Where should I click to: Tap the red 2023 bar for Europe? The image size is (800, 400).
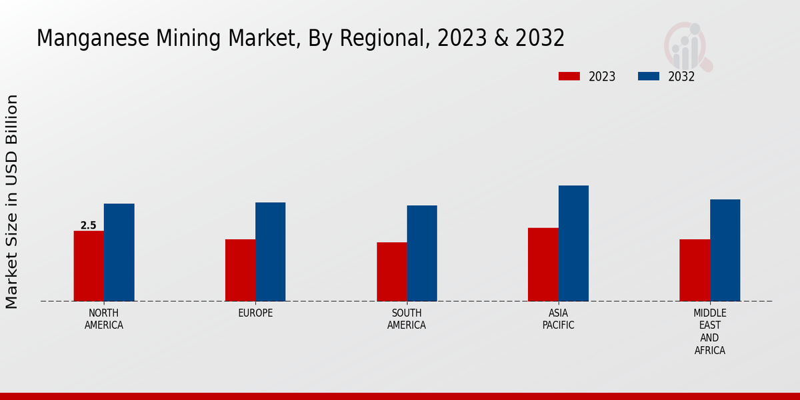[240, 270]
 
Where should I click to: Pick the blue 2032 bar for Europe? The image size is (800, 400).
[271, 251]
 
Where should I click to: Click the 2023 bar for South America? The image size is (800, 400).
[392, 271]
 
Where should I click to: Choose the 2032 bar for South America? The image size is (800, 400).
[422, 253]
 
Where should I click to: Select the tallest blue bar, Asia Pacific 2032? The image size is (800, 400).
[573, 243]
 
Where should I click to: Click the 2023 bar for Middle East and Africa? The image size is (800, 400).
[695, 270]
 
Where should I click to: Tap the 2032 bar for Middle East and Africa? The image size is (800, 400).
[725, 250]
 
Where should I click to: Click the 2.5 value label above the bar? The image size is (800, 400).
[89, 225]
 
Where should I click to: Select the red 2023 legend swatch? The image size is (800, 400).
[569, 77]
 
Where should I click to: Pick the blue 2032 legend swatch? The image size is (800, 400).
[648, 77]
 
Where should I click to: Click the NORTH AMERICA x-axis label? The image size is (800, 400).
[104, 319]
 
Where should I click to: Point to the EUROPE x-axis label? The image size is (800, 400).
[255, 313]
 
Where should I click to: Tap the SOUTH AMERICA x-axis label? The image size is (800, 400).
[407, 319]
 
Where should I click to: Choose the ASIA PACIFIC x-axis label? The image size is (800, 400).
[559, 319]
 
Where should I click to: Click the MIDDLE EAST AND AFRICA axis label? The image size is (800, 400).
[710, 331]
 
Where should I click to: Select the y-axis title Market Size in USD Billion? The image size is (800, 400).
[12, 201]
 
